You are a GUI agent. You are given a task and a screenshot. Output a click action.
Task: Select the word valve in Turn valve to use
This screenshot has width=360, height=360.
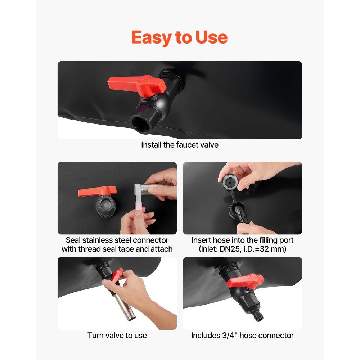[x=117, y=336]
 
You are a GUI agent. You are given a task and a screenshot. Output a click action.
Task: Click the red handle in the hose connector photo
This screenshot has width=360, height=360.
[x=245, y=280]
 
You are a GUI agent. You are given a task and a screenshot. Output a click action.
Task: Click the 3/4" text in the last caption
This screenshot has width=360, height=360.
[x=230, y=336]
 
